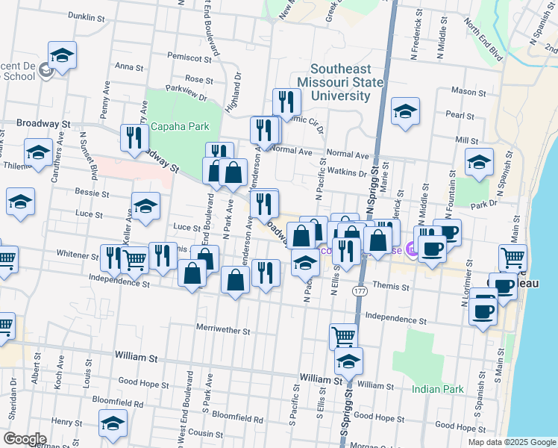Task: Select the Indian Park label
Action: tap(437, 389)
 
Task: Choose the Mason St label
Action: tap(468, 93)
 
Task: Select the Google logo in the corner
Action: tap(25, 439)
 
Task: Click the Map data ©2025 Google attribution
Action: tap(511, 442)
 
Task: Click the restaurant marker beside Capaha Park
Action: tap(134, 137)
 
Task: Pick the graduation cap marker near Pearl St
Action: tap(405, 112)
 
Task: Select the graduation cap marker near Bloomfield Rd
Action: tap(113, 423)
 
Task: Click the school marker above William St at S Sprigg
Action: tap(348, 361)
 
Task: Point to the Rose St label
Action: tap(199, 79)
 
